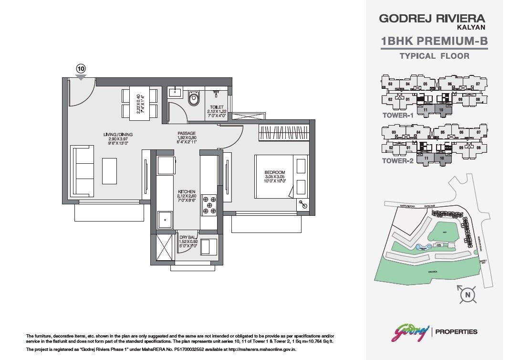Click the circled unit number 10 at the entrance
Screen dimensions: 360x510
pyautogui.click(x=81, y=68)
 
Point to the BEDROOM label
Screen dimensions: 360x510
pyautogui.click(x=274, y=172)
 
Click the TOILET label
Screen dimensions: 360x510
pyautogui.click(x=217, y=107)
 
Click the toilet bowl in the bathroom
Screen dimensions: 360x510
pyautogui.click(x=193, y=99)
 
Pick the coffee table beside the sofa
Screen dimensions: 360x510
pyautogui.click(x=109, y=171)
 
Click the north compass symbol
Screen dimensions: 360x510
pyautogui.click(x=468, y=295)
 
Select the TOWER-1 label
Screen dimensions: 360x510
pyautogui.click(x=397, y=116)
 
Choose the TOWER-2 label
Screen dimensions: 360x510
pyautogui.click(x=397, y=161)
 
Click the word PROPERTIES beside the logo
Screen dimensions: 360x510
pyautogui.click(x=457, y=331)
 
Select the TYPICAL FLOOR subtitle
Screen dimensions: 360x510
pyautogui.click(x=434, y=56)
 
